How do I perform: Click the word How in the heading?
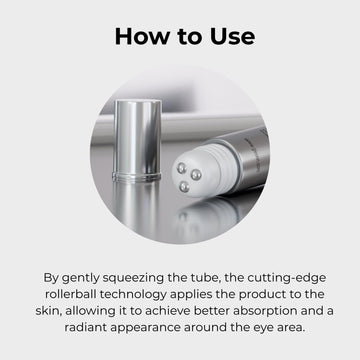coord(141,36)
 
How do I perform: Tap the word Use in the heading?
coord(233,36)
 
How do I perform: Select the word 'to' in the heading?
coord(189,37)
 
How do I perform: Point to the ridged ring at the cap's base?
coord(137,176)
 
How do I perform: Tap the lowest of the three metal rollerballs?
coord(184,187)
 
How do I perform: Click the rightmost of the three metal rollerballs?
coord(196,175)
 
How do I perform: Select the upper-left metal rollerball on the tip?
coord(182,168)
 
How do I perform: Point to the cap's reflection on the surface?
coord(136,208)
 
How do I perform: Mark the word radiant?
coord(85,327)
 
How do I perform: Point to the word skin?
coord(48,311)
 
